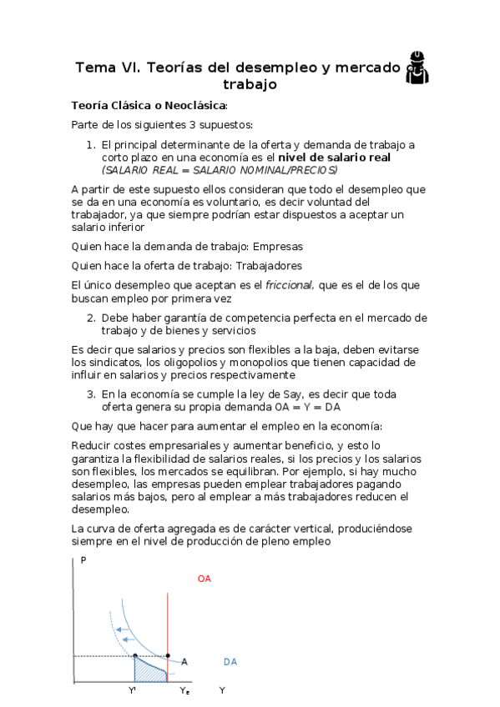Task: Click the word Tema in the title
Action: point(96,68)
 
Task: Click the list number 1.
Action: point(93,144)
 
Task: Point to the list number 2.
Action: point(92,318)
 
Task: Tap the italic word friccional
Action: point(290,285)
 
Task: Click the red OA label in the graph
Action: point(205,578)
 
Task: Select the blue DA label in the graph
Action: point(230,662)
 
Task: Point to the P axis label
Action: point(83,560)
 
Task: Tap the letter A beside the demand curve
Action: point(184,662)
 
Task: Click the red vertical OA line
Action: point(169,617)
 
